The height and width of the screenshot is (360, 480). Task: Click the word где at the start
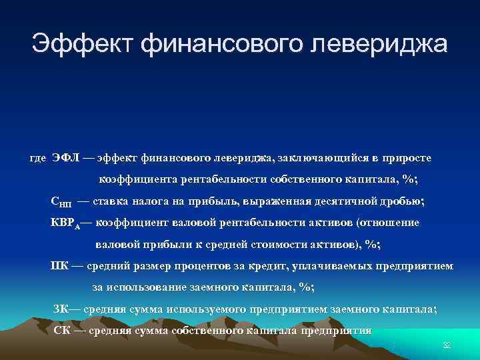click(38, 158)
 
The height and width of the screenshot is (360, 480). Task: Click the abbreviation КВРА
click(66, 223)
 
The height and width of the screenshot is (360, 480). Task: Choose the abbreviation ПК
click(60, 265)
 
